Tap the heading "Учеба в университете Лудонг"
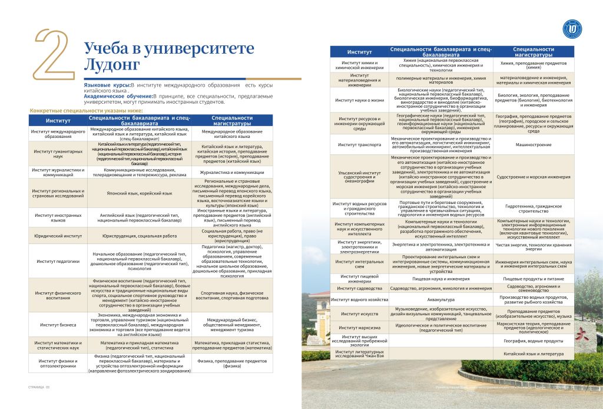150,55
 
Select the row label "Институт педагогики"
58,260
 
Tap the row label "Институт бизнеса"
58,325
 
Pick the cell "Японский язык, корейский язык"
140,193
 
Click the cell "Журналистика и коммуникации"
232,172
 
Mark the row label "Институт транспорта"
359,144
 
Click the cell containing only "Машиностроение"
534,144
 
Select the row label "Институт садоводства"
359,288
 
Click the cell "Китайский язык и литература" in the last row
534,354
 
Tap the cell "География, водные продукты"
534,341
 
